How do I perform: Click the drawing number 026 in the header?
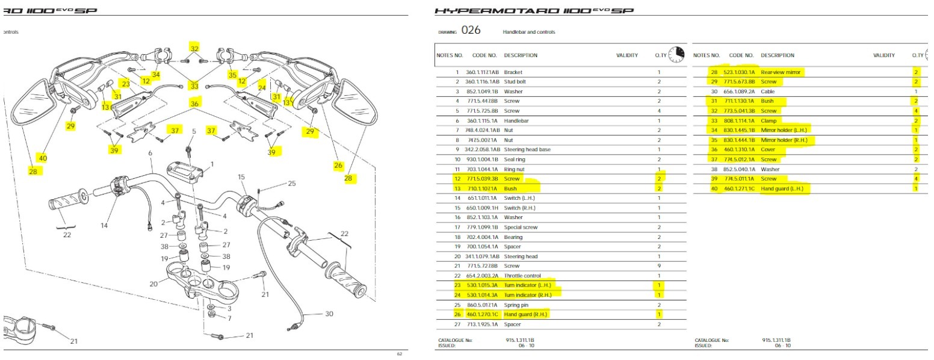point(471,31)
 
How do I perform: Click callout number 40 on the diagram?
point(42,158)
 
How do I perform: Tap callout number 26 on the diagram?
point(338,165)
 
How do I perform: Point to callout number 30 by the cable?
point(329,314)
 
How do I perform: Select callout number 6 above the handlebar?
point(150,154)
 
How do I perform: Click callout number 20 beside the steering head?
point(153,284)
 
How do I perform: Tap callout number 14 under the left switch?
point(104,226)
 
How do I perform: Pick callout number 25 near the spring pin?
point(291,183)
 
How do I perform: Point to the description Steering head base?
point(527,149)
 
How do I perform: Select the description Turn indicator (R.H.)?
point(527,295)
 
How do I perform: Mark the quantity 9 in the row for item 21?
point(659,266)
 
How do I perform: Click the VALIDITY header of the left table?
point(626,55)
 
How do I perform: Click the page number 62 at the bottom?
point(400,354)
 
